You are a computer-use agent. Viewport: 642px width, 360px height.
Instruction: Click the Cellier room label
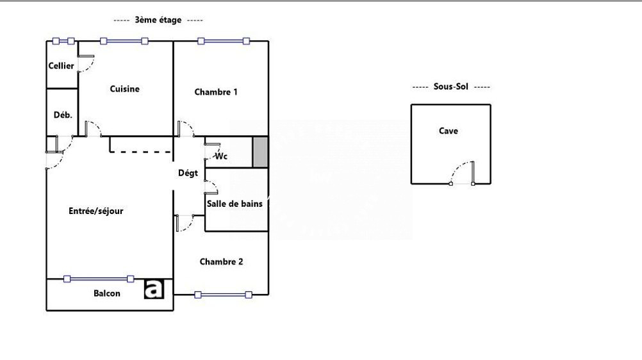61,65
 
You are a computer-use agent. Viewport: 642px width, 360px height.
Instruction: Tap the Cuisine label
124,89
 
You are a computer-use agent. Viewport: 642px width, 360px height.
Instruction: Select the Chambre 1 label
216,92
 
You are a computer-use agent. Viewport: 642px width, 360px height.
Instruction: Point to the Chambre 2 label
221,262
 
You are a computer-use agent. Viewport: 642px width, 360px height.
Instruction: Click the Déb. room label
63,115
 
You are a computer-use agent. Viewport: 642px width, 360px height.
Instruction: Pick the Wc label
221,156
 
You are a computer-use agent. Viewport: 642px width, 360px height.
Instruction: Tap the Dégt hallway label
188,173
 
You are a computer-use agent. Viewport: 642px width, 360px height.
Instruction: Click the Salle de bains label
235,204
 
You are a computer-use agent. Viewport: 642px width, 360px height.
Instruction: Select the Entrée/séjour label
96,211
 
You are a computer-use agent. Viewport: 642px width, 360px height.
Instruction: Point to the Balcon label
107,293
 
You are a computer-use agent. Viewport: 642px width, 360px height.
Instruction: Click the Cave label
449,131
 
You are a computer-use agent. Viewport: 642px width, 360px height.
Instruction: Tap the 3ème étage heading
158,20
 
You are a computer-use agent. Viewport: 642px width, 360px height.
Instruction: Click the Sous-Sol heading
451,86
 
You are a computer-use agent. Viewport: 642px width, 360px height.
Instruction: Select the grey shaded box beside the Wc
260,152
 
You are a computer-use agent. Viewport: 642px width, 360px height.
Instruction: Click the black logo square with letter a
154,289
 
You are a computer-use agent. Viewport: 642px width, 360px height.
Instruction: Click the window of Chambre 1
224,41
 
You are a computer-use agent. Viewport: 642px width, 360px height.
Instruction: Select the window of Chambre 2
223,295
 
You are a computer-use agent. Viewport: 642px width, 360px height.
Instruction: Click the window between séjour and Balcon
99,279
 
